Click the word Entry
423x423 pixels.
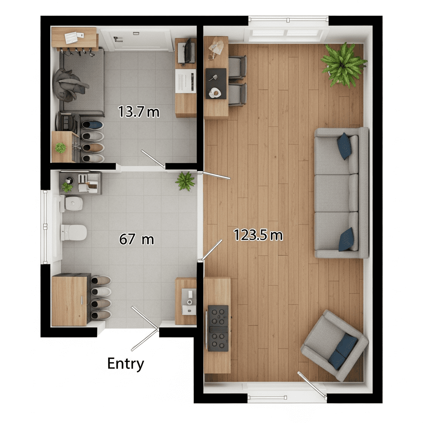tap(126, 364)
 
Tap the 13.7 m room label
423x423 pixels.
tap(139, 112)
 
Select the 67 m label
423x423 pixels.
tap(136, 239)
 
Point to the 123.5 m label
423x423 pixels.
tap(258, 235)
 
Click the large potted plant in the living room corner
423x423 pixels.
tap(343, 65)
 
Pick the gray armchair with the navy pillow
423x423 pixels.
tap(335, 345)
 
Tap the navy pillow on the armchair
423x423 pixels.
tap(343, 351)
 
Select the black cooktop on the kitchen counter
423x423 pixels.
tap(218, 328)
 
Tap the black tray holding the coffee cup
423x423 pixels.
tap(216, 83)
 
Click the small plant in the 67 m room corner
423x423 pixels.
tap(185, 181)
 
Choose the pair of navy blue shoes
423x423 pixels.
tap(93, 125)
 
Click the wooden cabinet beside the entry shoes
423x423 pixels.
tap(69, 300)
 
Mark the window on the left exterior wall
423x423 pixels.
tap(45, 227)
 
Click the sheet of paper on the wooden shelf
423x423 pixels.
tap(71, 38)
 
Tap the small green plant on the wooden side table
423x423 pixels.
tap(61, 148)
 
